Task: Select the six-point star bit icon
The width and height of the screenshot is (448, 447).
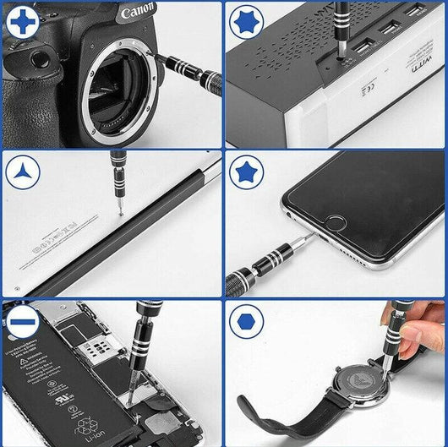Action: (248, 20)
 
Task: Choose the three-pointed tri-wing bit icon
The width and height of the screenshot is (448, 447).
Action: (22, 173)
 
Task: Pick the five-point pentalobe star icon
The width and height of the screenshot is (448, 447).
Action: (248, 173)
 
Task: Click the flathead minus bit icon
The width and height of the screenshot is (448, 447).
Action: (21, 322)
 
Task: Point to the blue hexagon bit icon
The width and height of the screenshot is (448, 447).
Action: (248, 322)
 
